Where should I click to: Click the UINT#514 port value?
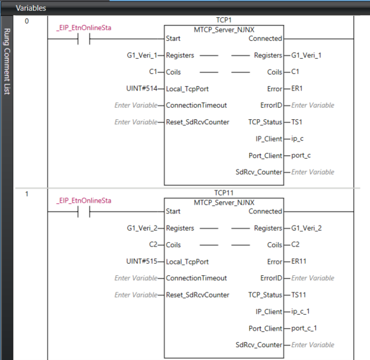pos(141,89)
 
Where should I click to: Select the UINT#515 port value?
pos(141,261)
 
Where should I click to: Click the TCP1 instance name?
pos(224,20)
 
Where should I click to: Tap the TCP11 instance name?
pos(224,193)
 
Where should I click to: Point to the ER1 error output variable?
pos(297,89)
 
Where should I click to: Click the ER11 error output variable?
pos(299,261)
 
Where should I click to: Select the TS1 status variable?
pos(297,122)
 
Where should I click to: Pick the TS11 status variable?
pos(299,295)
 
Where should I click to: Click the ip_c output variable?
pos(297,139)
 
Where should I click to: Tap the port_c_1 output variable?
pos(304,328)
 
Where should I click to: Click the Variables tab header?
pos(31,8)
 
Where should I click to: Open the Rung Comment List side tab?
pos(7,62)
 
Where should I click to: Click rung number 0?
pos(27,21)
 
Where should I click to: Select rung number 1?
pos(27,194)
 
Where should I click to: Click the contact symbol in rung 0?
pos(84,39)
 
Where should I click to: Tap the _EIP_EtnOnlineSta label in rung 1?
pos(84,201)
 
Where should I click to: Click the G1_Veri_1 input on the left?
pos(142,55)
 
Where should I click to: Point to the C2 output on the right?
pos(295,245)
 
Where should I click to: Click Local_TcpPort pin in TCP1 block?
pos(187,89)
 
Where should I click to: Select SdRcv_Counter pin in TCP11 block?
pos(259,345)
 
